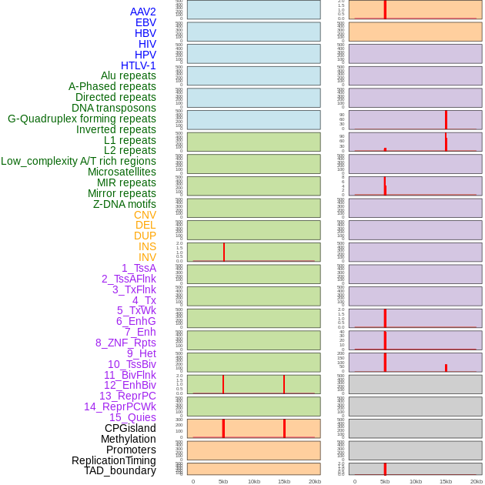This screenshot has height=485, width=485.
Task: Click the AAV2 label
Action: pos(143,12)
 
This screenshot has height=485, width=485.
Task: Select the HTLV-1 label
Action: pos(139,65)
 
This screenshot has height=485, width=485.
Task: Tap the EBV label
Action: pos(145,22)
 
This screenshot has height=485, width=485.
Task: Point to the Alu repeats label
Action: pos(129,75)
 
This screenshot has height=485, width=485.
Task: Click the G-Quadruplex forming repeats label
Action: pos(82,119)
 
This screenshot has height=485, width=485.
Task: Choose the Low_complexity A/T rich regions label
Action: pos(79,161)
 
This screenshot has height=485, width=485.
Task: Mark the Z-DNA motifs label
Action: pos(125,204)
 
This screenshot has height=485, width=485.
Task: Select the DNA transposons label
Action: pos(114,108)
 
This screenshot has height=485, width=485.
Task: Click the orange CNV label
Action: pos(145,215)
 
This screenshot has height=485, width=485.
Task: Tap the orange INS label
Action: pos(147,246)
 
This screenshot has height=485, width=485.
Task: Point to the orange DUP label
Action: pos(145,236)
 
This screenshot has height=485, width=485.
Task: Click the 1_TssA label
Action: pos(139,268)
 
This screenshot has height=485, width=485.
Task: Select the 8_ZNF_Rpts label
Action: pos(125,343)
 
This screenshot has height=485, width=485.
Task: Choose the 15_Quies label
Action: pos(132,417)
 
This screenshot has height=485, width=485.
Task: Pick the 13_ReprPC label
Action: pos(127,396)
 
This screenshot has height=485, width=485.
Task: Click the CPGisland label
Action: pos(130,428)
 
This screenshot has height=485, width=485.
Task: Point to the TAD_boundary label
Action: pos(120,470)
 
